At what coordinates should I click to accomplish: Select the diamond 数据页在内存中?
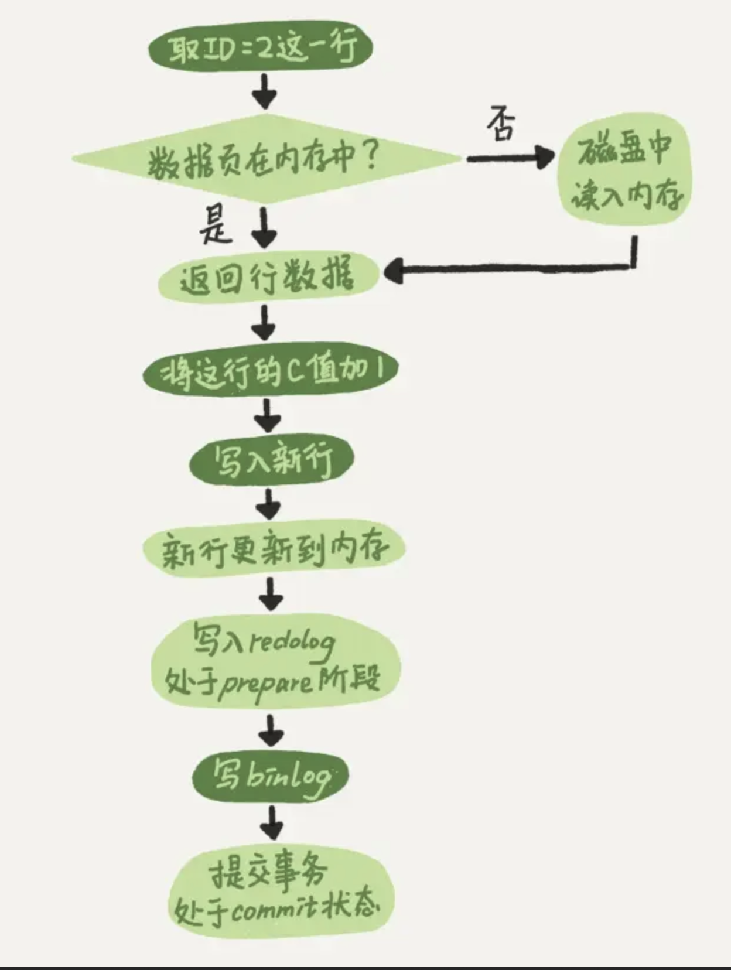(267, 158)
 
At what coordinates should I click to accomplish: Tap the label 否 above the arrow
(501, 124)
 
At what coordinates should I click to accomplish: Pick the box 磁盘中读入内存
(624, 170)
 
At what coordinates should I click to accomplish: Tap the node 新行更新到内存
(274, 549)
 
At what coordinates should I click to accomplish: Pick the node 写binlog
(271, 776)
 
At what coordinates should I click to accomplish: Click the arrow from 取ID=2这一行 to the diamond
(265, 91)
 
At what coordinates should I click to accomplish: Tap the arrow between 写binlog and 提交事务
(271, 822)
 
